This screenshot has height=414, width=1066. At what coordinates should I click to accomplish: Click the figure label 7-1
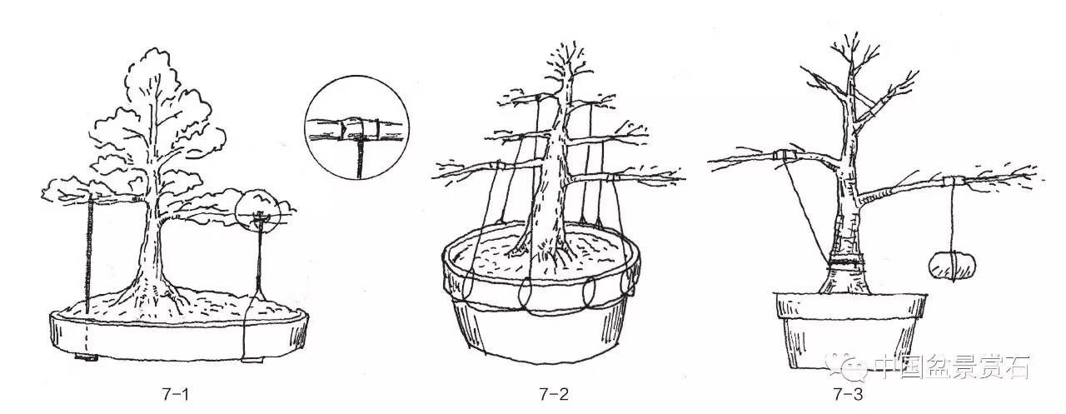click(x=175, y=395)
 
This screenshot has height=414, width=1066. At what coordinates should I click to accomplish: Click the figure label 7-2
click(x=554, y=395)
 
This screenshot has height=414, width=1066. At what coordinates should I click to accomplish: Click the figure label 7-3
click(x=848, y=395)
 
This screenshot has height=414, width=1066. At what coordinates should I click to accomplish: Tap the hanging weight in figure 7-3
click(x=952, y=266)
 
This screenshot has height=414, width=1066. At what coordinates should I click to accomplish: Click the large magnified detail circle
click(x=357, y=127)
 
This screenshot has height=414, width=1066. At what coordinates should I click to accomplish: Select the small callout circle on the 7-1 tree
click(x=258, y=213)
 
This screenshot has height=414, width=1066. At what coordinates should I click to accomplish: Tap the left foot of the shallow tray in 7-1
click(x=86, y=357)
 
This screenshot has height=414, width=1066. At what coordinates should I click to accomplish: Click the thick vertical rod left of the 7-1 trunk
click(x=88, y=256)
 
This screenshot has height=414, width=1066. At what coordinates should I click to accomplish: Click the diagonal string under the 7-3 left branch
click(x=807, y=212)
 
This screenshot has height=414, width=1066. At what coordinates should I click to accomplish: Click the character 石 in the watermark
click(x=1014, y=367)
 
